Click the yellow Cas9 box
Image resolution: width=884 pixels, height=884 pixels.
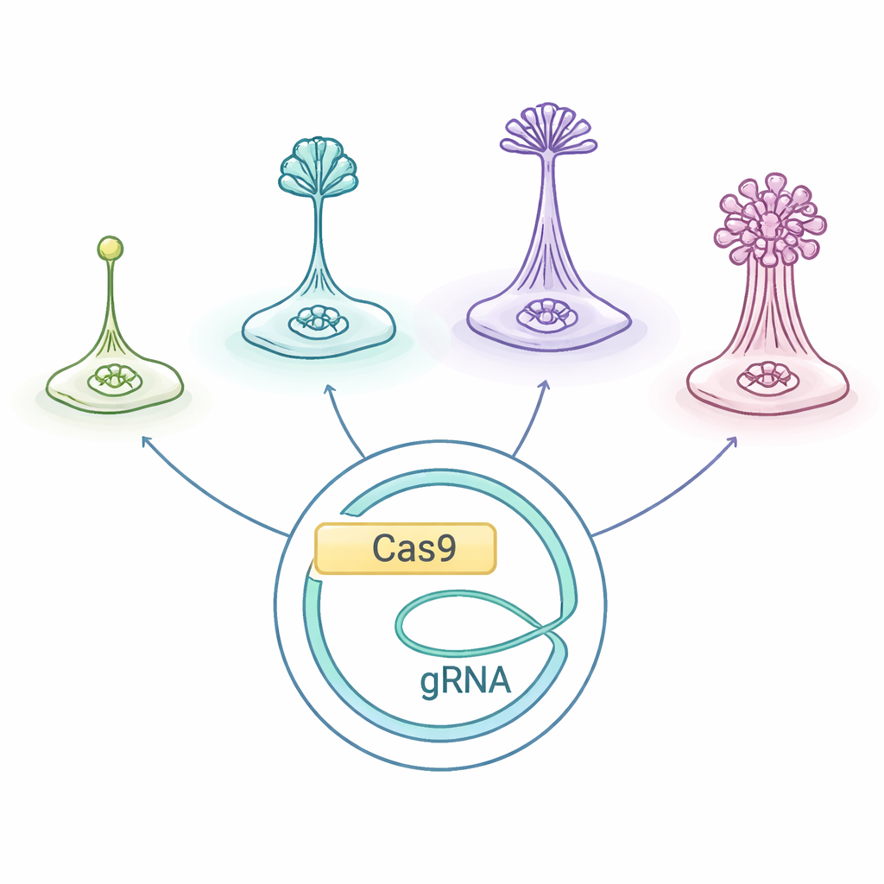pyautogui.click(x=406, y=548)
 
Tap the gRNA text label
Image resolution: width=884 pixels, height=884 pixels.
pyautogui.click(x=465, y=682)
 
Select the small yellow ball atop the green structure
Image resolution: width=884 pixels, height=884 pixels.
pyautogui.click(x=110, y=249)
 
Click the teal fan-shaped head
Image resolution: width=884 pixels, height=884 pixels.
pyautogui.click(x=319, y=167)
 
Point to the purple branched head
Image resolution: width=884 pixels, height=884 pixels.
pyautogui.click(x=546, y=129)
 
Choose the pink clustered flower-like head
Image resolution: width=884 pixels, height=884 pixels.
pyautogui.click(x=769, y=220)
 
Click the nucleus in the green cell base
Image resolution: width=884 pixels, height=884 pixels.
pyautogui.click(x=114, y=377)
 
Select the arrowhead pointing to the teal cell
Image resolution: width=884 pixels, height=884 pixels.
pyautogui.click(x=329, y=390)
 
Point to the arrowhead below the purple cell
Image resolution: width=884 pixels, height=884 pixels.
pyautogui.click(x=544, y=386)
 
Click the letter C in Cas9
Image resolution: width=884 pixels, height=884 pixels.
pyautogui.click(x=384, y=549)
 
